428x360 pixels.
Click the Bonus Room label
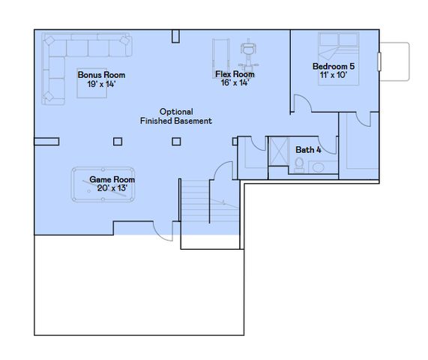[x=101, y=75]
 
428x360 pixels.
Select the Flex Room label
[x=235, y=74]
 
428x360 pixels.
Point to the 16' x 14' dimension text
[x=235, y=83]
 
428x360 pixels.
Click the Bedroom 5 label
[x=334, y=67]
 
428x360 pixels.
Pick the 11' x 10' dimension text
[x=334, y=76]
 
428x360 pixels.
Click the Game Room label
[x=112, y=180]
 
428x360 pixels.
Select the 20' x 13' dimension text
[x=112, y=188]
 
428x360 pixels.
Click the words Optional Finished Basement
[x=176, y=115]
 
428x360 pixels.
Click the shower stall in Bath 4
[x=278, y=151]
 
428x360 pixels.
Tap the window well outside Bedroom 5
[x=394, y=61]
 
